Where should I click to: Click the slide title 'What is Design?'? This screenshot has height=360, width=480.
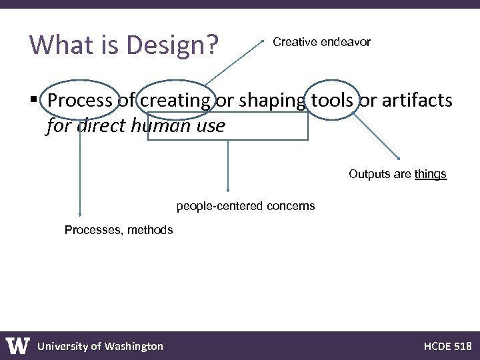point(125,45)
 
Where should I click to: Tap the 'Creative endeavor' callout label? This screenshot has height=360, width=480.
point(321,42)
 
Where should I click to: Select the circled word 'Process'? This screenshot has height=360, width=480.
point(79,101)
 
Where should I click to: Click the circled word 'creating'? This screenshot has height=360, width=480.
point(176,101)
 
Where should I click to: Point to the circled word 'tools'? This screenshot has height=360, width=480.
point(332,101)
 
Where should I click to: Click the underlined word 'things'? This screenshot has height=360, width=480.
point(430,174)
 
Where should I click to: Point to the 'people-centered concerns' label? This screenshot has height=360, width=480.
point(245,206)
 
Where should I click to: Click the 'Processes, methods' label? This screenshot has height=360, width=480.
point(119,230)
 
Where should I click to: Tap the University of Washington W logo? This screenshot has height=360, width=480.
point(18,345)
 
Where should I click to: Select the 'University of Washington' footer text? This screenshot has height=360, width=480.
point(100,346)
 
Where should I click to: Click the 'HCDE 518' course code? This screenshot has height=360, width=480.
point(447,346)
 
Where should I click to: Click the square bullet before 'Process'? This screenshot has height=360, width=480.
point(34,101)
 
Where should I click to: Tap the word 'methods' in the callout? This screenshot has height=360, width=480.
point(150,230)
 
